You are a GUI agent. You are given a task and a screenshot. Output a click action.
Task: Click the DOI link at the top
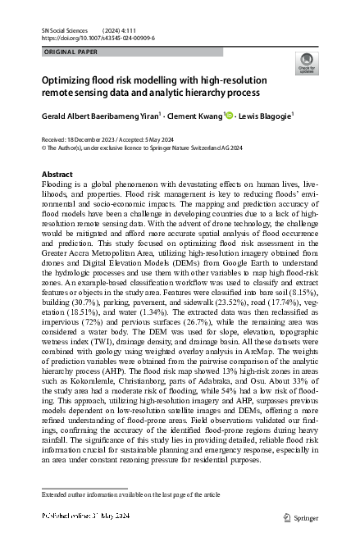[x=98, y=38]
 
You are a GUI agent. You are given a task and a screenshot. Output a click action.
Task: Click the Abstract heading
[x=57, y=175]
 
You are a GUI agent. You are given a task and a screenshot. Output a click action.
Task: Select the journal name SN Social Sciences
[x=65, y=30]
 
